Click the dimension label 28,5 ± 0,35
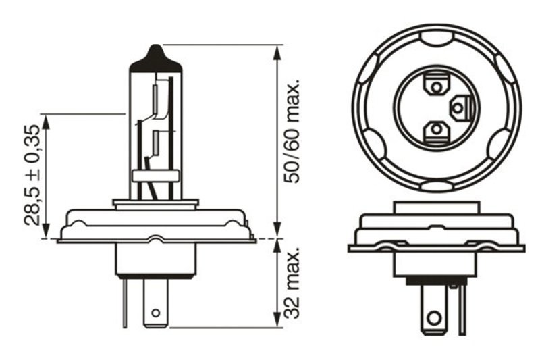point(32,175)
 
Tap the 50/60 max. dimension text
point(292,131)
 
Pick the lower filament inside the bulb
point(155,143)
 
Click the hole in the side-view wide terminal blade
point(156,313)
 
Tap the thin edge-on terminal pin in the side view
point(125,303)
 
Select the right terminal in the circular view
point(460,108)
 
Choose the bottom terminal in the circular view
point(436,130)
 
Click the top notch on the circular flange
point(437,38)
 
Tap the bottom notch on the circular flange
point(437,186)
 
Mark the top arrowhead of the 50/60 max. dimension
point(277,52)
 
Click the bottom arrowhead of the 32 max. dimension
point(277,320)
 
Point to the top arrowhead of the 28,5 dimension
point(46,122)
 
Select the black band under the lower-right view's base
point(437,281)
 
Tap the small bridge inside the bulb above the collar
point(156,176)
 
